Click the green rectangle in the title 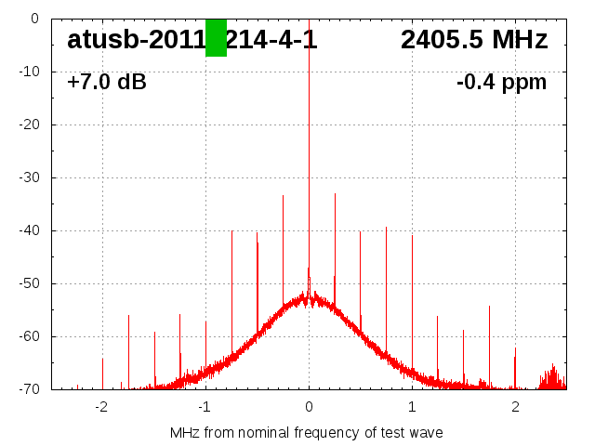coord(216,38)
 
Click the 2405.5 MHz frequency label coord(474,40)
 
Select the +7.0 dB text coord(106,83)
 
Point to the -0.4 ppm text coord(501,83)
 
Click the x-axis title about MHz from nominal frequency coord(307,433)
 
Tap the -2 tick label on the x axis coord(100,407)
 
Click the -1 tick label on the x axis coord(204,407)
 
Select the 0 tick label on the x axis coord(309,407)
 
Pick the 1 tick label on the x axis coord(412,407)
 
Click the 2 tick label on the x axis coord(515,407)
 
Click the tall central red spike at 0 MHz coord(309,139)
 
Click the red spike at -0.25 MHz coord(283,242)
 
